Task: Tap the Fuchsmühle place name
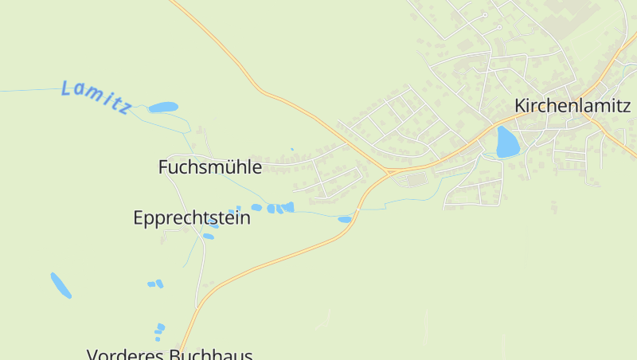coord(209,167)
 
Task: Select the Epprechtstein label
coord(191,217)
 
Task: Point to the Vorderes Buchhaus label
coord(170,354)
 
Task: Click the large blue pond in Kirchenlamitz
coord(506,142)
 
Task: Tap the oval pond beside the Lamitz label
coord(163,107)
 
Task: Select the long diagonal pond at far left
coord(61,285)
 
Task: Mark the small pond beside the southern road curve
coord(344,219)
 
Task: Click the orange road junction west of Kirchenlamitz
coord(390,170)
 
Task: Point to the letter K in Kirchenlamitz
coord(521,105)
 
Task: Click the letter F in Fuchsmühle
coord(163,167)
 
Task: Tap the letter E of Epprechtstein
coord(139,217)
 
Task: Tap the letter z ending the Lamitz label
coord(124,108)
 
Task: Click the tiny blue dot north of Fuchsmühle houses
coord(292,149)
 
